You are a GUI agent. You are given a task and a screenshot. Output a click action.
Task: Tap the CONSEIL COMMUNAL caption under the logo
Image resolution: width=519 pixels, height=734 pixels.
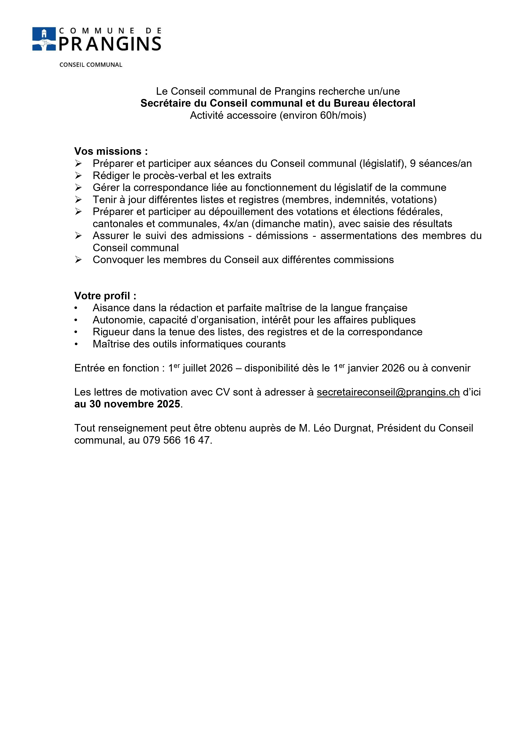91,65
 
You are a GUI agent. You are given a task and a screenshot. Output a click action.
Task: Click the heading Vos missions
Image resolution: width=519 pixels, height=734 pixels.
111,151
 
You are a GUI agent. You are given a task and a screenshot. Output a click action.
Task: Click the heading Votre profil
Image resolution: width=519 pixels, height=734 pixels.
105,296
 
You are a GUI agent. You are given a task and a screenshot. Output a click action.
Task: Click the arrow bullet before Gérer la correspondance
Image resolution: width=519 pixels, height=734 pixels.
78,187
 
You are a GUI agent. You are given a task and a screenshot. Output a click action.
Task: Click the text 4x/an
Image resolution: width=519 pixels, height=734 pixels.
236,224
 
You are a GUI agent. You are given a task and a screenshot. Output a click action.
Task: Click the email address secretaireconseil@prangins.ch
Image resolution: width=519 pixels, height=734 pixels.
388,392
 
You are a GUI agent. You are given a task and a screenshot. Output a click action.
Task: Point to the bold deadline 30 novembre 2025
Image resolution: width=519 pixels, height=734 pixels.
135,404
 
